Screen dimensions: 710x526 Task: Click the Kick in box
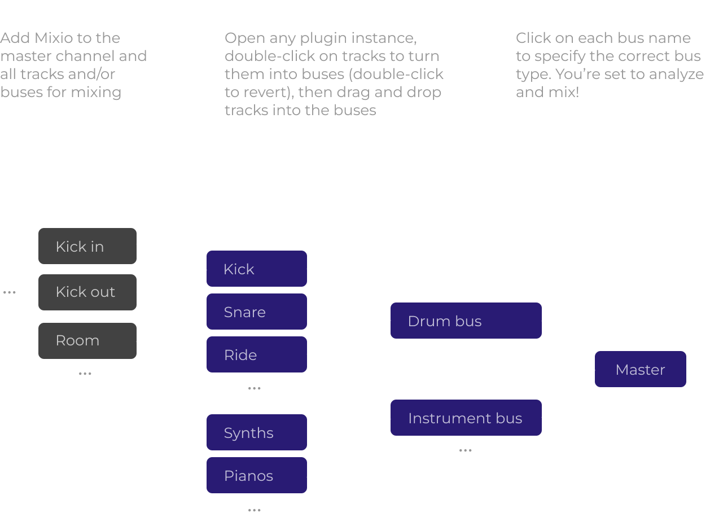tap(87, 246)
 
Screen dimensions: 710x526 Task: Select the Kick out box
tap(87, 292)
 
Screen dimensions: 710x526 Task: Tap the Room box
tap(87, 341)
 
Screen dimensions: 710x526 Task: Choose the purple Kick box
tap(257, 269)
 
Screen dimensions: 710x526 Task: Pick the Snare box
tap(257, 312)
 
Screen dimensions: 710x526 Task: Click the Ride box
tap(257, 354)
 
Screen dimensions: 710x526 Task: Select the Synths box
tap(257, 432)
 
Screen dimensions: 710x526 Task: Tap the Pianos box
tap(257, 475)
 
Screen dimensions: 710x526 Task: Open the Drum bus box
tap(466, 321)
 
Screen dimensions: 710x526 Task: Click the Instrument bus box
tap(466, 418)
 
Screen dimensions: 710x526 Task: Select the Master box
tap(641, 369)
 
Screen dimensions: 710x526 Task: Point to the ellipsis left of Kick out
tap(9, 292)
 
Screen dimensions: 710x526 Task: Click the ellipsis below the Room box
tap(85, 373)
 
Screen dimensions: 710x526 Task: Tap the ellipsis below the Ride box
tap(254, 388)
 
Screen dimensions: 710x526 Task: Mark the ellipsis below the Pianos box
tap(254, 510)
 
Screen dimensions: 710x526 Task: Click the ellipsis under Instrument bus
tap(465, 450)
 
